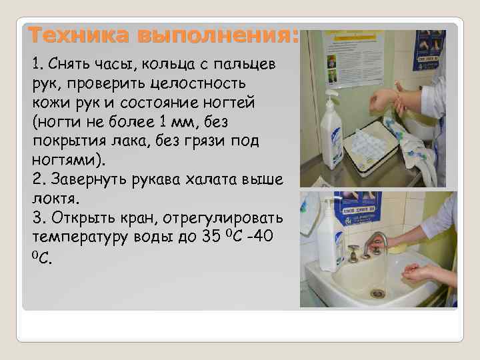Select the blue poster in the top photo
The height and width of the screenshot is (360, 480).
pyautogui.click(x=428, y=50)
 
